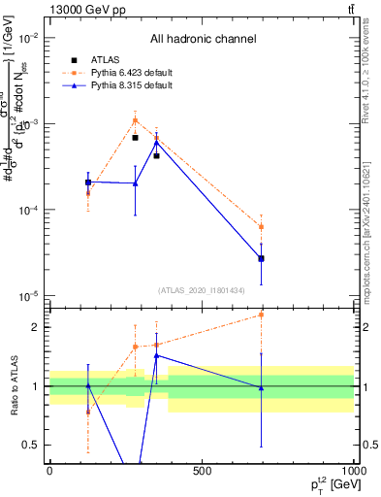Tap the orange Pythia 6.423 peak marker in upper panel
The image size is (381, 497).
pyautogui.click(x=135, y=120)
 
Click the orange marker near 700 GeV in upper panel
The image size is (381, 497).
pyautogui.click(x=261, y=226)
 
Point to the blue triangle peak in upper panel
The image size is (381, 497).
pyautogui.click(x=156, y=142)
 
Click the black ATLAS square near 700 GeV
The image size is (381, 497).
pyautogui.click(x=261, y=258)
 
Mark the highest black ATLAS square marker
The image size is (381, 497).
pyautogui.click(x=135, y=138)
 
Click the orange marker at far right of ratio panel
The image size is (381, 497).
pyautogui.click(x=261, y=315)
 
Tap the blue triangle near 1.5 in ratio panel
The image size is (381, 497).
pyautogui.click(x=156, y=355)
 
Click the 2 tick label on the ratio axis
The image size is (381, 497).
pyautogui.click(x=37, y=327)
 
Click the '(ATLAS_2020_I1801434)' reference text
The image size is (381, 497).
pyautogui.click(x=202, y=290)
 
